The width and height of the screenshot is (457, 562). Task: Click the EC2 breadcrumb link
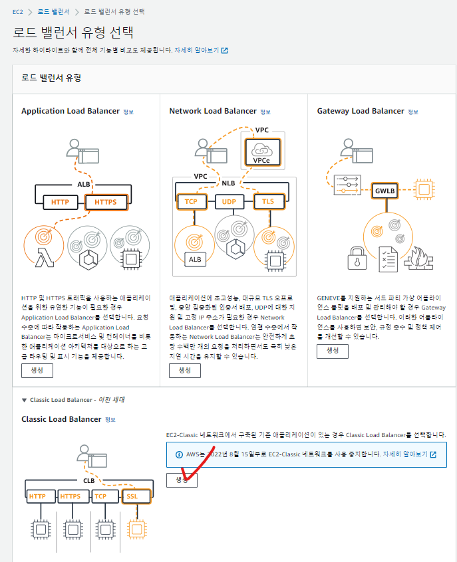(x=17, y=12)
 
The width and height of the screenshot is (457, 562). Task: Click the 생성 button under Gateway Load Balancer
(x=333, y=351)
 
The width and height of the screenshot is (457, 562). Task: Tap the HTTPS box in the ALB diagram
(x=106, y=202)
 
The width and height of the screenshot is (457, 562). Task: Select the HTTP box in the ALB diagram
(x=60, y=202)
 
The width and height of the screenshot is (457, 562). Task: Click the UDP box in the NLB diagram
(x=229, y=202)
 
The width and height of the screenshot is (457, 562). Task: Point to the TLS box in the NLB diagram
(x=269, y=201)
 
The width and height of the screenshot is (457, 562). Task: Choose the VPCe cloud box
(x=262, y=152)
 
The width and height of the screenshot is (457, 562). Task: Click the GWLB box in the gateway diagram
(x=385, y=191)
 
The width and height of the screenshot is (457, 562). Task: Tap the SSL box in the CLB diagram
(x=136, y=496)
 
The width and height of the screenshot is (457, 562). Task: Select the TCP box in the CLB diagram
(x=105, y=496)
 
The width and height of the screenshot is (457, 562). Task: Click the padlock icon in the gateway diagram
(x=357, y=258)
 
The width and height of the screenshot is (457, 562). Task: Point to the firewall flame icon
(x=419, y=258)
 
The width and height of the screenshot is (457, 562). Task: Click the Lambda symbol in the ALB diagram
(x=45, y=258)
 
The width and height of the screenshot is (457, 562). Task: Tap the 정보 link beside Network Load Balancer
(x=265, y=112)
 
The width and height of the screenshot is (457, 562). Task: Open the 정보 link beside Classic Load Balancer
(x=110, y=420)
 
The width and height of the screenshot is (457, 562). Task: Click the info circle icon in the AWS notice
(x=179, y=454)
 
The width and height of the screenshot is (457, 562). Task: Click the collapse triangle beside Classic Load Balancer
(x=24, y=400)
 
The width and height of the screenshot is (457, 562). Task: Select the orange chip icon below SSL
(x=137, y=529)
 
